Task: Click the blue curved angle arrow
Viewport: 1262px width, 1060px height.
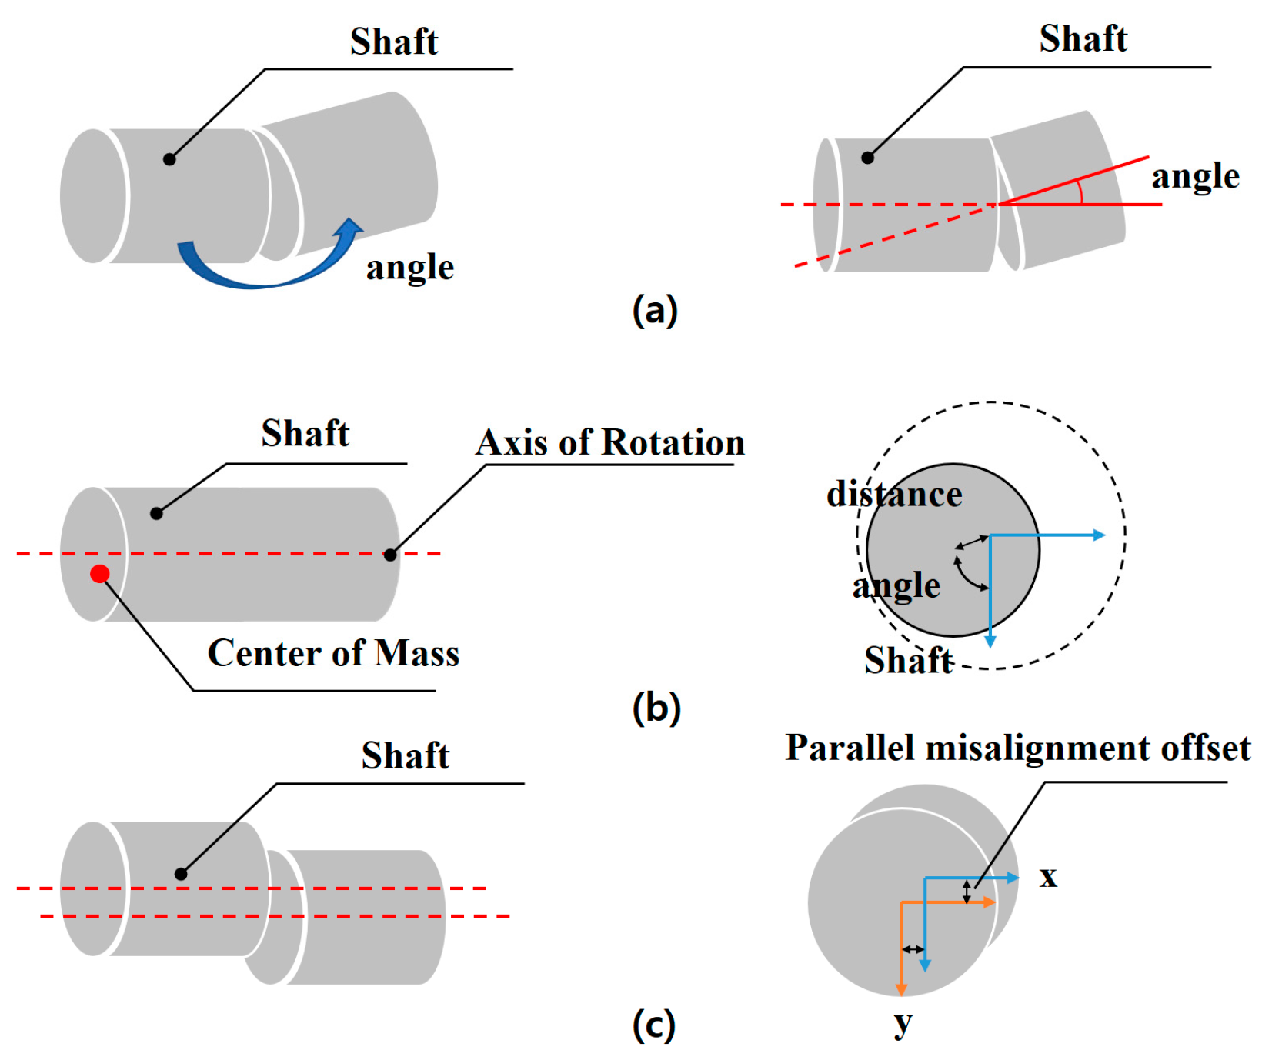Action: point(254,273)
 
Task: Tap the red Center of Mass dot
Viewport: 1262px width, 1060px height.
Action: point(99,573)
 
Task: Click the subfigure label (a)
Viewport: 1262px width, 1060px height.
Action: point(655,311)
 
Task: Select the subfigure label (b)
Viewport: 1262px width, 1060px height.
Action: point(656,708)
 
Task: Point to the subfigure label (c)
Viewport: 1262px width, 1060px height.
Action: point(654,1025)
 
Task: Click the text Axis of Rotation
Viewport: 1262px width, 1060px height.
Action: point(610,442)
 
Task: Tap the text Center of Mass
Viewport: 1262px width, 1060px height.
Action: point(333,653)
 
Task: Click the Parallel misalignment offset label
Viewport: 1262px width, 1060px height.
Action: point(1017,748)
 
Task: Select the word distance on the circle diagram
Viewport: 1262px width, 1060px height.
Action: point(894,494)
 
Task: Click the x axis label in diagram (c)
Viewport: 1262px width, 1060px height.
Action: point(1048,876)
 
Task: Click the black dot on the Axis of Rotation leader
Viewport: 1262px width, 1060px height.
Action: point(391,555)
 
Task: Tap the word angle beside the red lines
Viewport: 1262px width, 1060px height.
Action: point(1195,176)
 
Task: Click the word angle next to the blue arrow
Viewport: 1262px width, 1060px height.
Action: point(410,267)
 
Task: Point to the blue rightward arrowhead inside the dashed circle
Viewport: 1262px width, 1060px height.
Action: point(1100,535)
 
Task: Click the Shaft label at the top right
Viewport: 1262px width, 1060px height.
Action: point(1083,38)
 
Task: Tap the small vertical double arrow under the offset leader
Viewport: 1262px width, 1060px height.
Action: point(967,891)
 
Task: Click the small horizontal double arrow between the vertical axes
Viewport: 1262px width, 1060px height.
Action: point(913,949)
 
